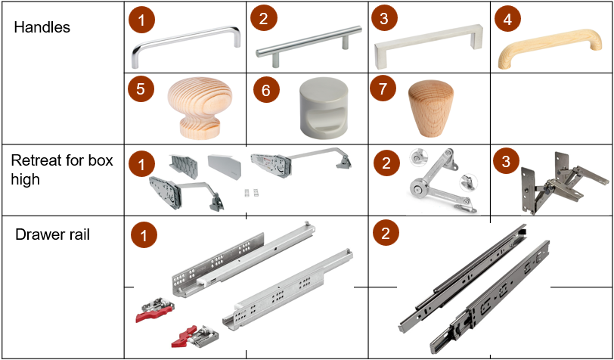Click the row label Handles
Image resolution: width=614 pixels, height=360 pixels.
point(42,27)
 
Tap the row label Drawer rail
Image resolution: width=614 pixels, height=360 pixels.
point(52,234)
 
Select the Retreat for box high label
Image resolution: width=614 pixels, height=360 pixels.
point(62,169)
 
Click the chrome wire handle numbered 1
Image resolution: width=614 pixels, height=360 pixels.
point(185,47)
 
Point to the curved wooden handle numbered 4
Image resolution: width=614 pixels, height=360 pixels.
point(550,46)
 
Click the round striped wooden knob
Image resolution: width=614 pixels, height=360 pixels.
point(200,107)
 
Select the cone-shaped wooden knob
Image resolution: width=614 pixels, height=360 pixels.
point(431,108)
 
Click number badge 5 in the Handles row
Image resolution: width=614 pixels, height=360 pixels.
point(141,89)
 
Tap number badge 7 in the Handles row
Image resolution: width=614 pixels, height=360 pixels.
point(383,89)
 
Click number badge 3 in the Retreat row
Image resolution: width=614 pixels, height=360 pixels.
point(506,161)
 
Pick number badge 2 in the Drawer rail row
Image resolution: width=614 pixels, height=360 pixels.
point(386,234)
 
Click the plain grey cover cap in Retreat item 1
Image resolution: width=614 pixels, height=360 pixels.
point(225,166)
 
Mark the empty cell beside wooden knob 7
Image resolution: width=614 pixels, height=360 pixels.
point(552,108)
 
